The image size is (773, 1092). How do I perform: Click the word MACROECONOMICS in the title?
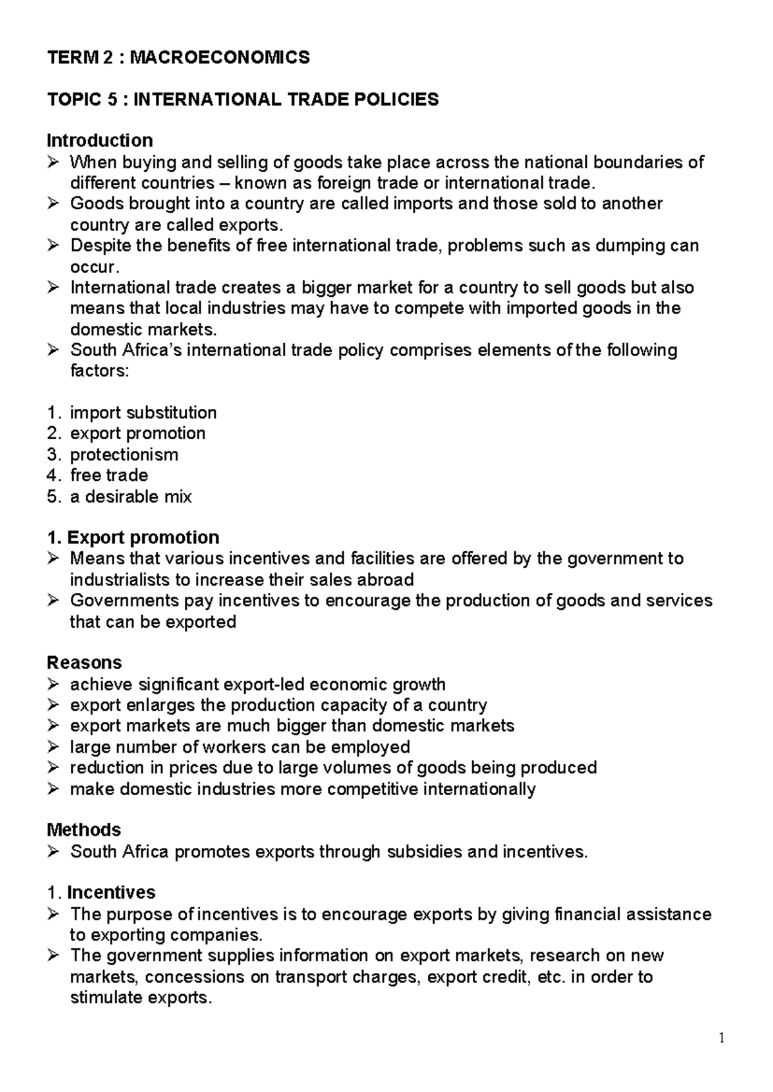(x=219, y=58)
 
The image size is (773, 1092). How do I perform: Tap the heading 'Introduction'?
(x=100, y=140)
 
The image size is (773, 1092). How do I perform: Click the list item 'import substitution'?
(x=143, y=413)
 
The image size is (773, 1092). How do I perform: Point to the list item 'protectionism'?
(x=124, y=455)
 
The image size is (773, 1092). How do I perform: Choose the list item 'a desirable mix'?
(x=131, y=497)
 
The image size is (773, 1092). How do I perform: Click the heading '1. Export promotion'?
(x=133, y=538)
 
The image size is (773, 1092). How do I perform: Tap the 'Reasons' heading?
(x=84, y=663)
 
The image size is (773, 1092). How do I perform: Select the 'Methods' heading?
(x=84, y=830)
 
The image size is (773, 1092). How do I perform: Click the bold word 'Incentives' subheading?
(x=111, y=893)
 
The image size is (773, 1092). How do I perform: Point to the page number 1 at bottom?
(x=722, y=1038)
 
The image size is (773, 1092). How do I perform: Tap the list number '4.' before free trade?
(x=53, y=476)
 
